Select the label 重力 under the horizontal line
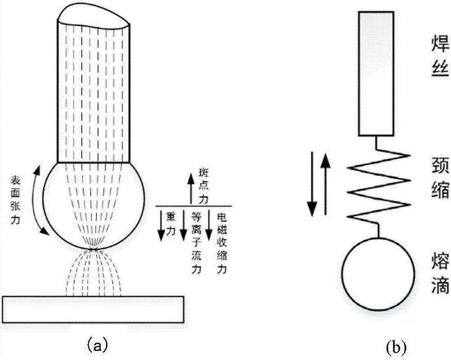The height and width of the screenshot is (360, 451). click(170, 221)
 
